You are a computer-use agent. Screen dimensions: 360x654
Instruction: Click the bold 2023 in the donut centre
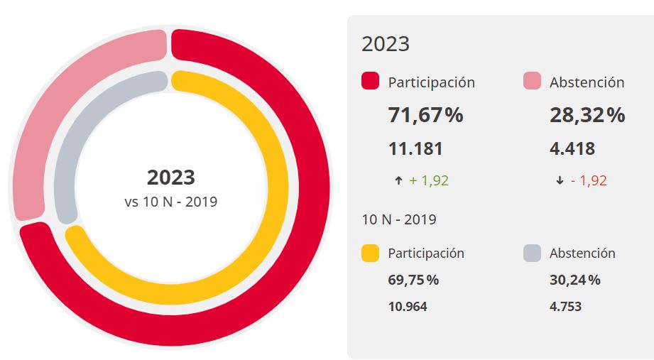pos(170,177)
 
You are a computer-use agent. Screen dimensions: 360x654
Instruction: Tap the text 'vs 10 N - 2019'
pos(170,202)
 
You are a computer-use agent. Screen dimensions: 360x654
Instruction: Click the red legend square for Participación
pos(370,82)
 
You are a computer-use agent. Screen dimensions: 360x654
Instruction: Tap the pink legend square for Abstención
pos(532,82)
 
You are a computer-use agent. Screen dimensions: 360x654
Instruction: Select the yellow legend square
pos(370,253)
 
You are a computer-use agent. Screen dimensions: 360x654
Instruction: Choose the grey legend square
pos(532,253)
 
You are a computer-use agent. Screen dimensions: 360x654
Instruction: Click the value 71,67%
pos(425,115)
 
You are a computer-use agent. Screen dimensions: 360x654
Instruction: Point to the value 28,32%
pos(587,115)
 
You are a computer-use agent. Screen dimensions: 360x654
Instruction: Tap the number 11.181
pos(415,149)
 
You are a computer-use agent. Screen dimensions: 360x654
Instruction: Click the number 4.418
pos(572,149)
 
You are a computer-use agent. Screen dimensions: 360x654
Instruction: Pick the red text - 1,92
pos(589,180)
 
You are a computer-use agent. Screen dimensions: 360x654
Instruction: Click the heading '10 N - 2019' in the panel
pos(399,219)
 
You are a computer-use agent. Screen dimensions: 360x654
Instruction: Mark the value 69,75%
pos(413,280)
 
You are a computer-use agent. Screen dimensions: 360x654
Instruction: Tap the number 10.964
pos(408,307)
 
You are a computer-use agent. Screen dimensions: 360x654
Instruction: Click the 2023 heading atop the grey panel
pos(386,44)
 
